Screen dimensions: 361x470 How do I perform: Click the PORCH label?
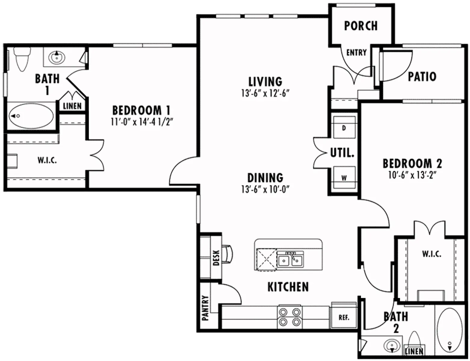pos(360,26)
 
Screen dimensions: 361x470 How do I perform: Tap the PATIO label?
pos(422,76)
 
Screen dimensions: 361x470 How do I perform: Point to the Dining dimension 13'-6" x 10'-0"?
pos(265,190)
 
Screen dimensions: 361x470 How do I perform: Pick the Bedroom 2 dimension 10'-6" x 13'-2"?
pos(412,175)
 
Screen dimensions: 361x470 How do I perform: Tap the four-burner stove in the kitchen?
pos(289,317)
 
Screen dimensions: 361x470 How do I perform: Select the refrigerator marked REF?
pos(344,318)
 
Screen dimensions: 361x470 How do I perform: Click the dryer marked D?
pos(344,128)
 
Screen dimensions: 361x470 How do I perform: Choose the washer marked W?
pos(344,177)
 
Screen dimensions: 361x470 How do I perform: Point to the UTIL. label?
pos(342,153)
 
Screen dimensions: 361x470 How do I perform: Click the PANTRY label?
pos(206,307)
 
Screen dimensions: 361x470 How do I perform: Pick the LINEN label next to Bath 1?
pos(72,106)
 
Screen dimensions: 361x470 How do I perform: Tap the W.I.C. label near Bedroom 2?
pos(431,254)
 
